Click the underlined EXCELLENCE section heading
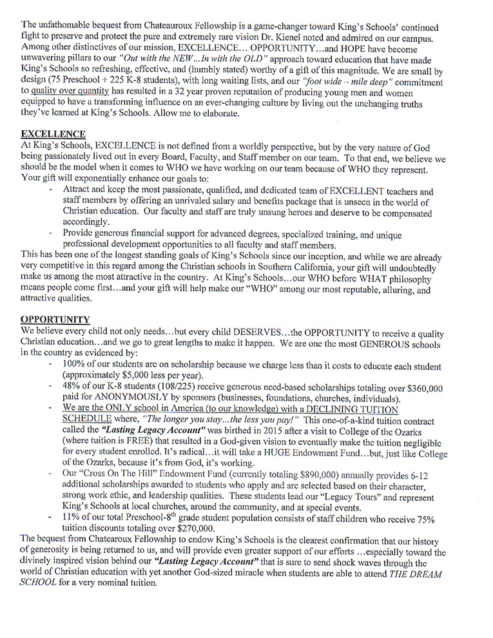pyautogui.click(x=53, y=134)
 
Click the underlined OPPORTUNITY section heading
pyautogui.click(x=55, y=319)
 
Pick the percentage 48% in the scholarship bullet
pyautogui.click(x=73, y=385)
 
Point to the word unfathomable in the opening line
pyautogui.click(x=69, y=28)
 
